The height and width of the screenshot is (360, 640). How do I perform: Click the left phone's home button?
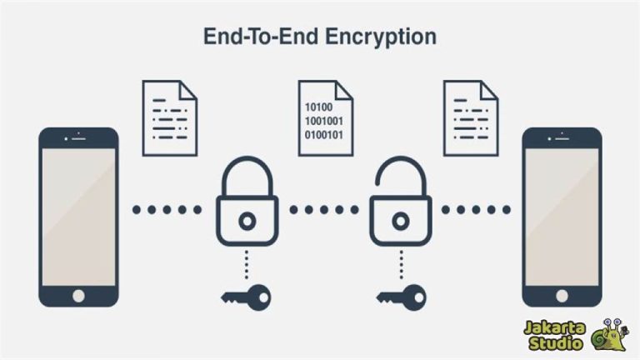tap(79, 295)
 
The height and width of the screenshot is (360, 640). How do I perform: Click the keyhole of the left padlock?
tap(247, 221)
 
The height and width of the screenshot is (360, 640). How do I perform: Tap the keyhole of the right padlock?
tap(402, 221)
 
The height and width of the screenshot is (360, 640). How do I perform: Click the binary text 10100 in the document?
tap(317, 107)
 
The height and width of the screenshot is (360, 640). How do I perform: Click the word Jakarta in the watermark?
tap(556, 327)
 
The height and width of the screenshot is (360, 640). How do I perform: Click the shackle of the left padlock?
tap(247, 176)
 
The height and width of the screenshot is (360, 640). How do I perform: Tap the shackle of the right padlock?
tap(402, 176)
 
